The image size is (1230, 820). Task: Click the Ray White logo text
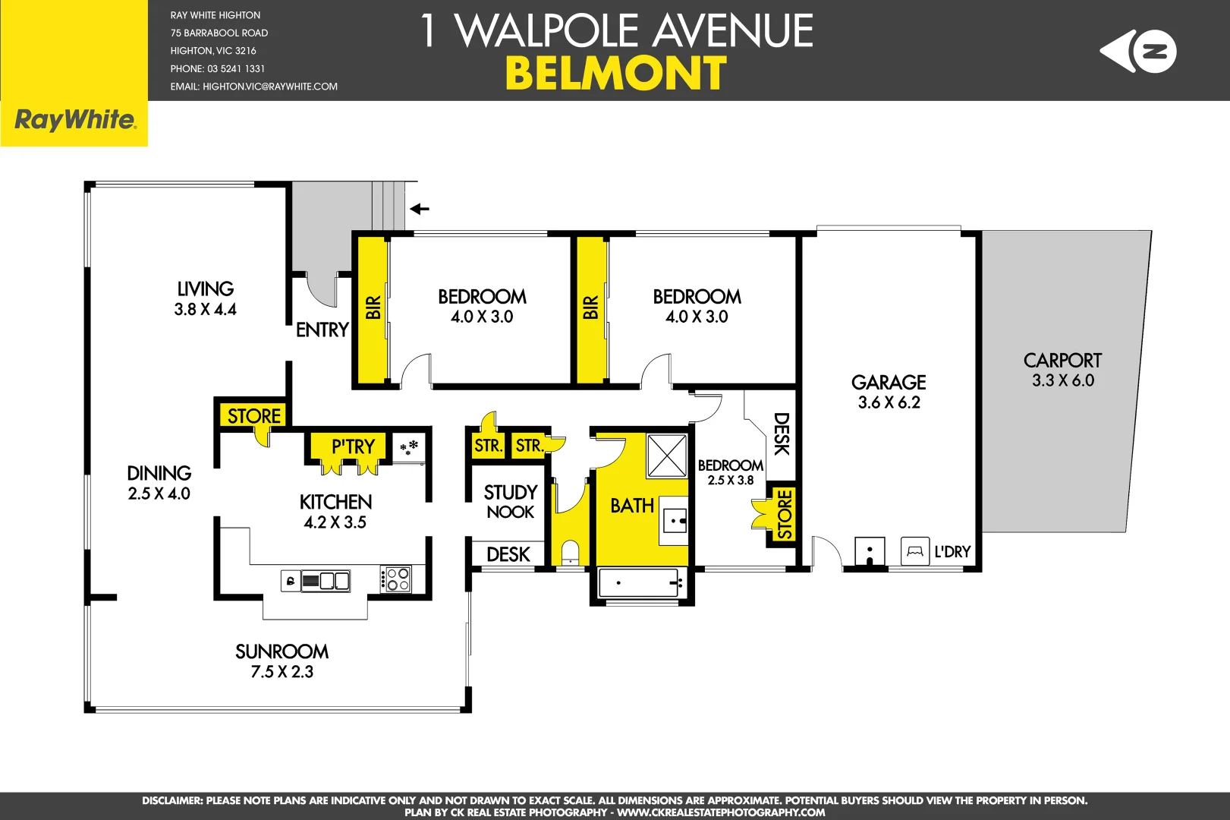click(x=74, y=120)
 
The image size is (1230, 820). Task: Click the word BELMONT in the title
click(x=615, y=74)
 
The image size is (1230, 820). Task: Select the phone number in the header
click(x=218, y=68)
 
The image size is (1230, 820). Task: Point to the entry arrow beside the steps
click(x=420, y=209)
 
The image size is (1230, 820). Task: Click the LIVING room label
click(x=205, y=289)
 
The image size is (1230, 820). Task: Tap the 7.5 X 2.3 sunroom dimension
click(x=282, y=672)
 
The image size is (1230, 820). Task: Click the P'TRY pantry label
click(x=353, y=446)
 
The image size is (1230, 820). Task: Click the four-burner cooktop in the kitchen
click(x=395, y=579)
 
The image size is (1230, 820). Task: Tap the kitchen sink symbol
click(x=326, y=582)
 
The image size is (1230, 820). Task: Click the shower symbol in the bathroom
click(x=666, y=456)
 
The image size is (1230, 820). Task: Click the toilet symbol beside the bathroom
click(x=570, y=553)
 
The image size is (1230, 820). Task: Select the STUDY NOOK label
click(x=510, y=502)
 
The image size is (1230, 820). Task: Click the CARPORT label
click(x=1062, y=361)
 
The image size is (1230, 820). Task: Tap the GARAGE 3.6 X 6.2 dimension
click(x=889, y=403)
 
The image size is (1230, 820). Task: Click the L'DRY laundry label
click(x=952, y=552)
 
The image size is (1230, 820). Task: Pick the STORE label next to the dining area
click(x=254, y=416)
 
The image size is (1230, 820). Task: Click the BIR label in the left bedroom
click(x=373, y=307)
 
